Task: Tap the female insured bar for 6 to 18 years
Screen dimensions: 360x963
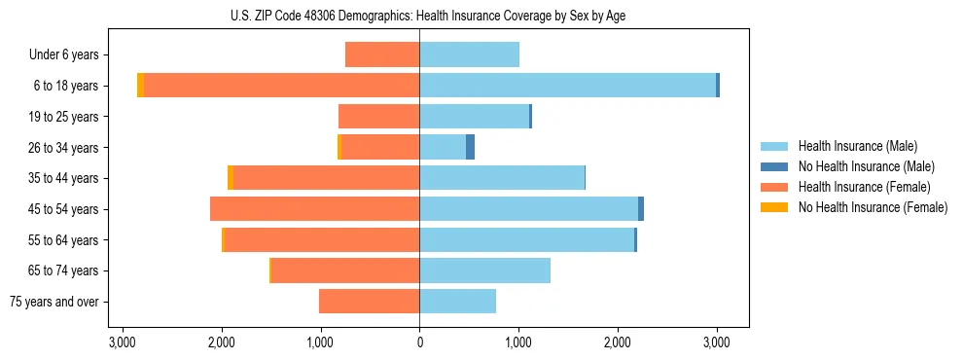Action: click(282, 86)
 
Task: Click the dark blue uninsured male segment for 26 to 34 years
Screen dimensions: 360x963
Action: click(471, 147)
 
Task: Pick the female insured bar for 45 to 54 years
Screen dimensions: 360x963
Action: click(314, 209)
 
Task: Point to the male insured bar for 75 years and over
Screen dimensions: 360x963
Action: click(457, 302)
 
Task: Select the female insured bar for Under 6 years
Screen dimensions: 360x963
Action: click(382, 54)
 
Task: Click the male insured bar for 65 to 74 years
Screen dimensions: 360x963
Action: click(484, 270)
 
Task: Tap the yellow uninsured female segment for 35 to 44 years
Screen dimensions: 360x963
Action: click(231, 178)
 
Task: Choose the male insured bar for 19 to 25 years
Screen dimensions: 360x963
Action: click(474, 117)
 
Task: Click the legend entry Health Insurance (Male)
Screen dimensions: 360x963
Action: click(857, 146)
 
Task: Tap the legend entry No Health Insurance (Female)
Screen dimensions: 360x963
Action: click(873, 207)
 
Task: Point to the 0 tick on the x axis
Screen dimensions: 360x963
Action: click(419, 342)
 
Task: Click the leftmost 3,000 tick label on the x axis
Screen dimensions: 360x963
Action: click(123, 342)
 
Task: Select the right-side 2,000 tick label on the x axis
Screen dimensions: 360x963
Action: click(618, 342)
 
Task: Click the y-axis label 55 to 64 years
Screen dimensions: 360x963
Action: click(64, 240)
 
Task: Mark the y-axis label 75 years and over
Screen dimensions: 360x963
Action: click(54, 302)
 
